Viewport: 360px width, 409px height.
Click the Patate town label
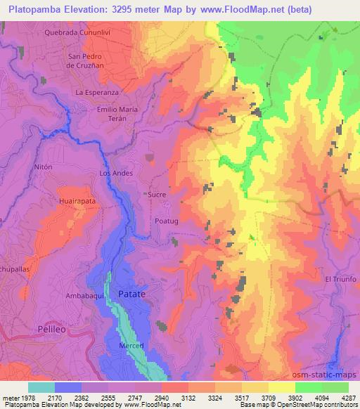(131, 294)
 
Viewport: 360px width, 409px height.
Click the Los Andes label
(115, 173)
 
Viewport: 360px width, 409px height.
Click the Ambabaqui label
(85, 297)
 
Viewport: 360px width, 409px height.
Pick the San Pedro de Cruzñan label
(85, 60)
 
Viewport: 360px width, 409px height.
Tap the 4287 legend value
(349, 398)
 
